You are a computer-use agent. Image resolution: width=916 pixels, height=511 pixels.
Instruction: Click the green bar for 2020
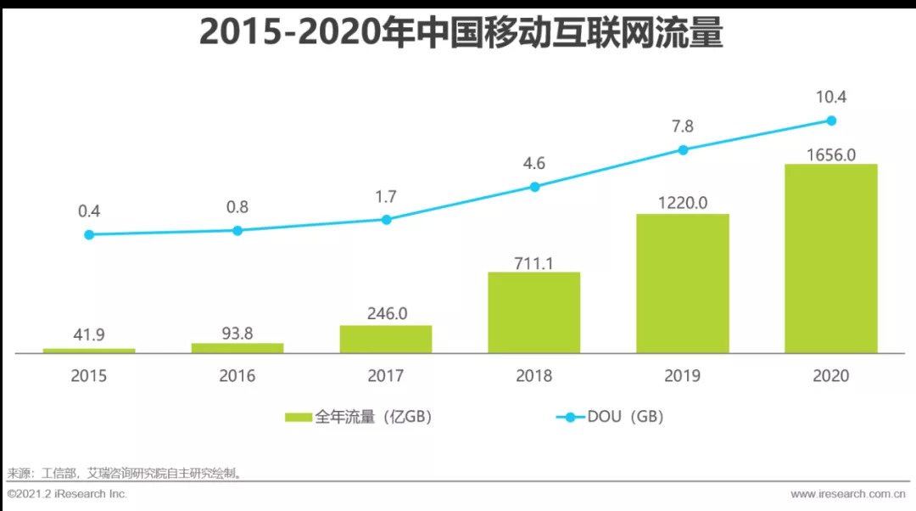(830, 258)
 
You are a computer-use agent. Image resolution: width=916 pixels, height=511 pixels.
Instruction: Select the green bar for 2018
(533, 312)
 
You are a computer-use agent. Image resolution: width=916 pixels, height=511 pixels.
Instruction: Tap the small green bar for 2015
(89, 350)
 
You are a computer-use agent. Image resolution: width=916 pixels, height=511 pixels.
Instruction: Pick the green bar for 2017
(386, 339)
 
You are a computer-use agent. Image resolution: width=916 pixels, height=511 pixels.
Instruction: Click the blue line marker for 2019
(683, 150)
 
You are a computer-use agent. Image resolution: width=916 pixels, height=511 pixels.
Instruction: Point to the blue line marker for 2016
(237, 230)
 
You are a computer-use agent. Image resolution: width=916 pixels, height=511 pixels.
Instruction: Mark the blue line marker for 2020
(831, 121)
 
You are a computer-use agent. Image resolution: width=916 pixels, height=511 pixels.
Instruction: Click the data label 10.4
(830, 97)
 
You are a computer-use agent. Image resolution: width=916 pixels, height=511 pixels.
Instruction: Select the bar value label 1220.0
(683, 202)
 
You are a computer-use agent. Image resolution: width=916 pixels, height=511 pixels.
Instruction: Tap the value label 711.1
(533, 262)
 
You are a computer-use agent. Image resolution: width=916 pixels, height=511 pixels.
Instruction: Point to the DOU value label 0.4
(89, 211)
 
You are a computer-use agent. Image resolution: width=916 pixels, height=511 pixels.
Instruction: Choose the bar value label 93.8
(237, 333)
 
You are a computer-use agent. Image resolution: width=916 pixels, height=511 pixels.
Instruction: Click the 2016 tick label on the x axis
(237, 375)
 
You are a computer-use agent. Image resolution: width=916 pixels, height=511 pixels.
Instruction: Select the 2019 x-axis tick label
(683, 375)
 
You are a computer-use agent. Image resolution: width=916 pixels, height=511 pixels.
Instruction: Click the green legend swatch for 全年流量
(298, 417)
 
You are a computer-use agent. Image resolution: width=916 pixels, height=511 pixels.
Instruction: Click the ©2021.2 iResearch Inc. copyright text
(67, 493)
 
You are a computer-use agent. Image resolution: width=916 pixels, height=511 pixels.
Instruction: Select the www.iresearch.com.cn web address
(848, 493)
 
